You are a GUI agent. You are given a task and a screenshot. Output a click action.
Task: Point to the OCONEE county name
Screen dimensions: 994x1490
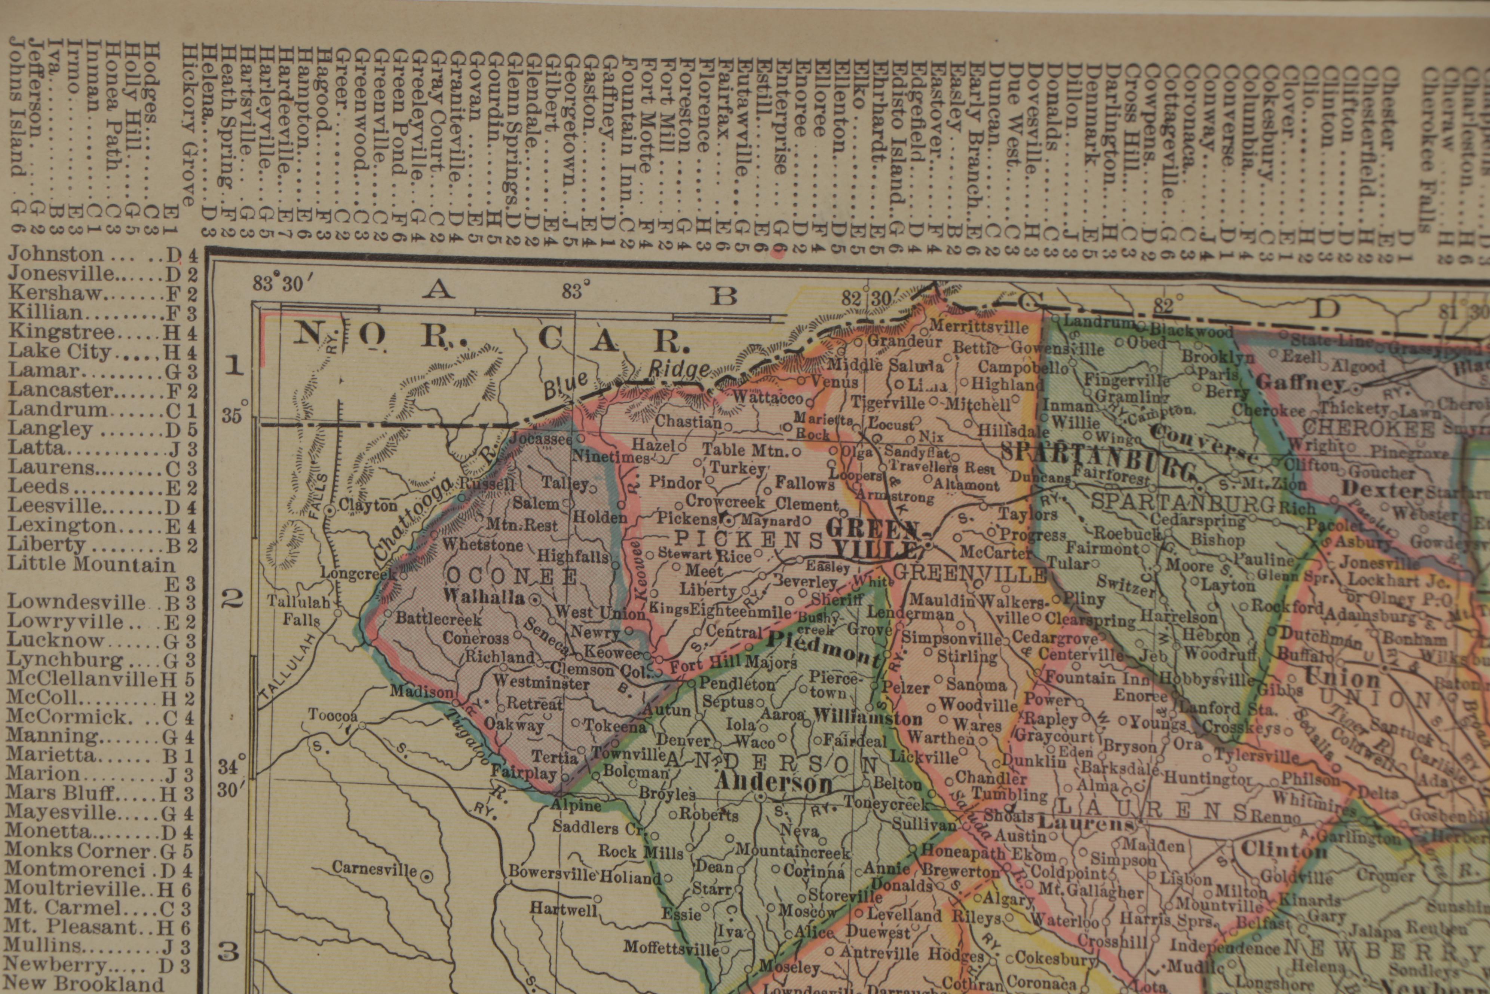512,576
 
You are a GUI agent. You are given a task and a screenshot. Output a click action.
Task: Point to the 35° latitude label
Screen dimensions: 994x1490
233,416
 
